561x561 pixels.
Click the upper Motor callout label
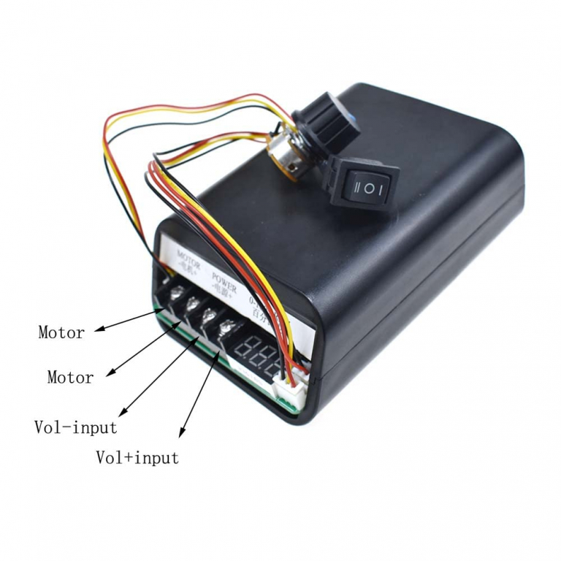tap(61, 333)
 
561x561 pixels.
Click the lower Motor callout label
tap(70, 378)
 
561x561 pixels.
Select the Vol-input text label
tap(75, 427)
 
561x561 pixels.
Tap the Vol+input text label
tap(137, 458)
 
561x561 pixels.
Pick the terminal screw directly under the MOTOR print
tap(176, 296)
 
